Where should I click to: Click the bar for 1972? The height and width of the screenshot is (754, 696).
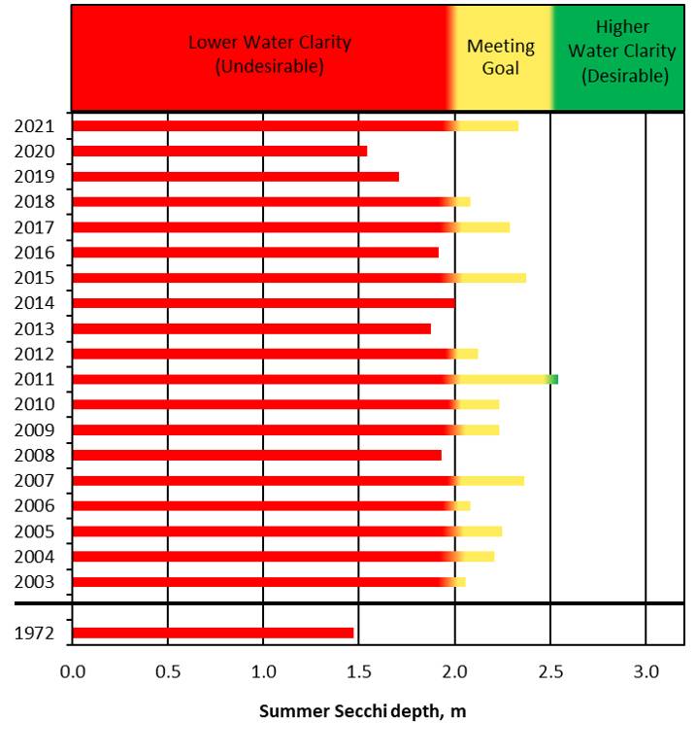(x=214, y=634)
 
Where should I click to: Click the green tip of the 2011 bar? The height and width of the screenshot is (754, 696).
(x=554, y=379)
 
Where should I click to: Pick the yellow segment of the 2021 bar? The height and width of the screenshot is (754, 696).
(x=487, y=125)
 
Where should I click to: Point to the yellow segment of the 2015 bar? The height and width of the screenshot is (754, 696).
(x=491, y=278)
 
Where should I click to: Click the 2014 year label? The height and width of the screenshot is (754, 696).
(x=34, y=303)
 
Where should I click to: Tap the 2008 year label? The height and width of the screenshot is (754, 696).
(x=34, y=455)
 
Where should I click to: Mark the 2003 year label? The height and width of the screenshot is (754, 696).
(x=34, y=582)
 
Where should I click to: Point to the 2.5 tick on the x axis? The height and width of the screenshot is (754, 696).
(x=550, y=671)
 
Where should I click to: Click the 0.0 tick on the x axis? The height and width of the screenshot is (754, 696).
(x=72, y=671)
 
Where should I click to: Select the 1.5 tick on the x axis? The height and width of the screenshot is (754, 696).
(x=359, y=671)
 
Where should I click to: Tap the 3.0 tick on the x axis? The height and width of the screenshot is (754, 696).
(x=646, y=671)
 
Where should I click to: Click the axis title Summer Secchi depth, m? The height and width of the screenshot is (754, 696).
(x=362, y=711)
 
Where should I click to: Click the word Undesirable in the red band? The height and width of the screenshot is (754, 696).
(x=270, y=68)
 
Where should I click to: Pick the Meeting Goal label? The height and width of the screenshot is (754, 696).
(x=501, y=57)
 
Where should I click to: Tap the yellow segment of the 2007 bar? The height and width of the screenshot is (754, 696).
(x=490, y=480)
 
